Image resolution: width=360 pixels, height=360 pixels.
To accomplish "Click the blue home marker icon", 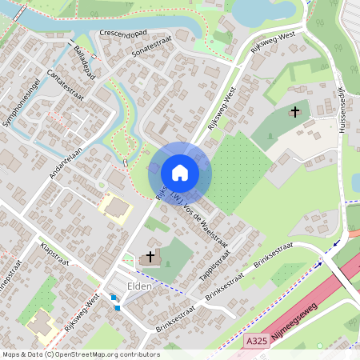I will tap(180, 172).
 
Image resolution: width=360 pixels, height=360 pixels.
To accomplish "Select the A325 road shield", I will tap(256, 341).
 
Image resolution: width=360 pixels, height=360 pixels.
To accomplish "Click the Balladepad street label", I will tap(84, 62).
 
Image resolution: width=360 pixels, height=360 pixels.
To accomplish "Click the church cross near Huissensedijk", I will tap(295, 110).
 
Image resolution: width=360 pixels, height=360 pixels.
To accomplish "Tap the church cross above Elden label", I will tap(150, 256).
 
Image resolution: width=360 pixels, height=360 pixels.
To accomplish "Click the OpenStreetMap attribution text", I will tap(80, 354).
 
